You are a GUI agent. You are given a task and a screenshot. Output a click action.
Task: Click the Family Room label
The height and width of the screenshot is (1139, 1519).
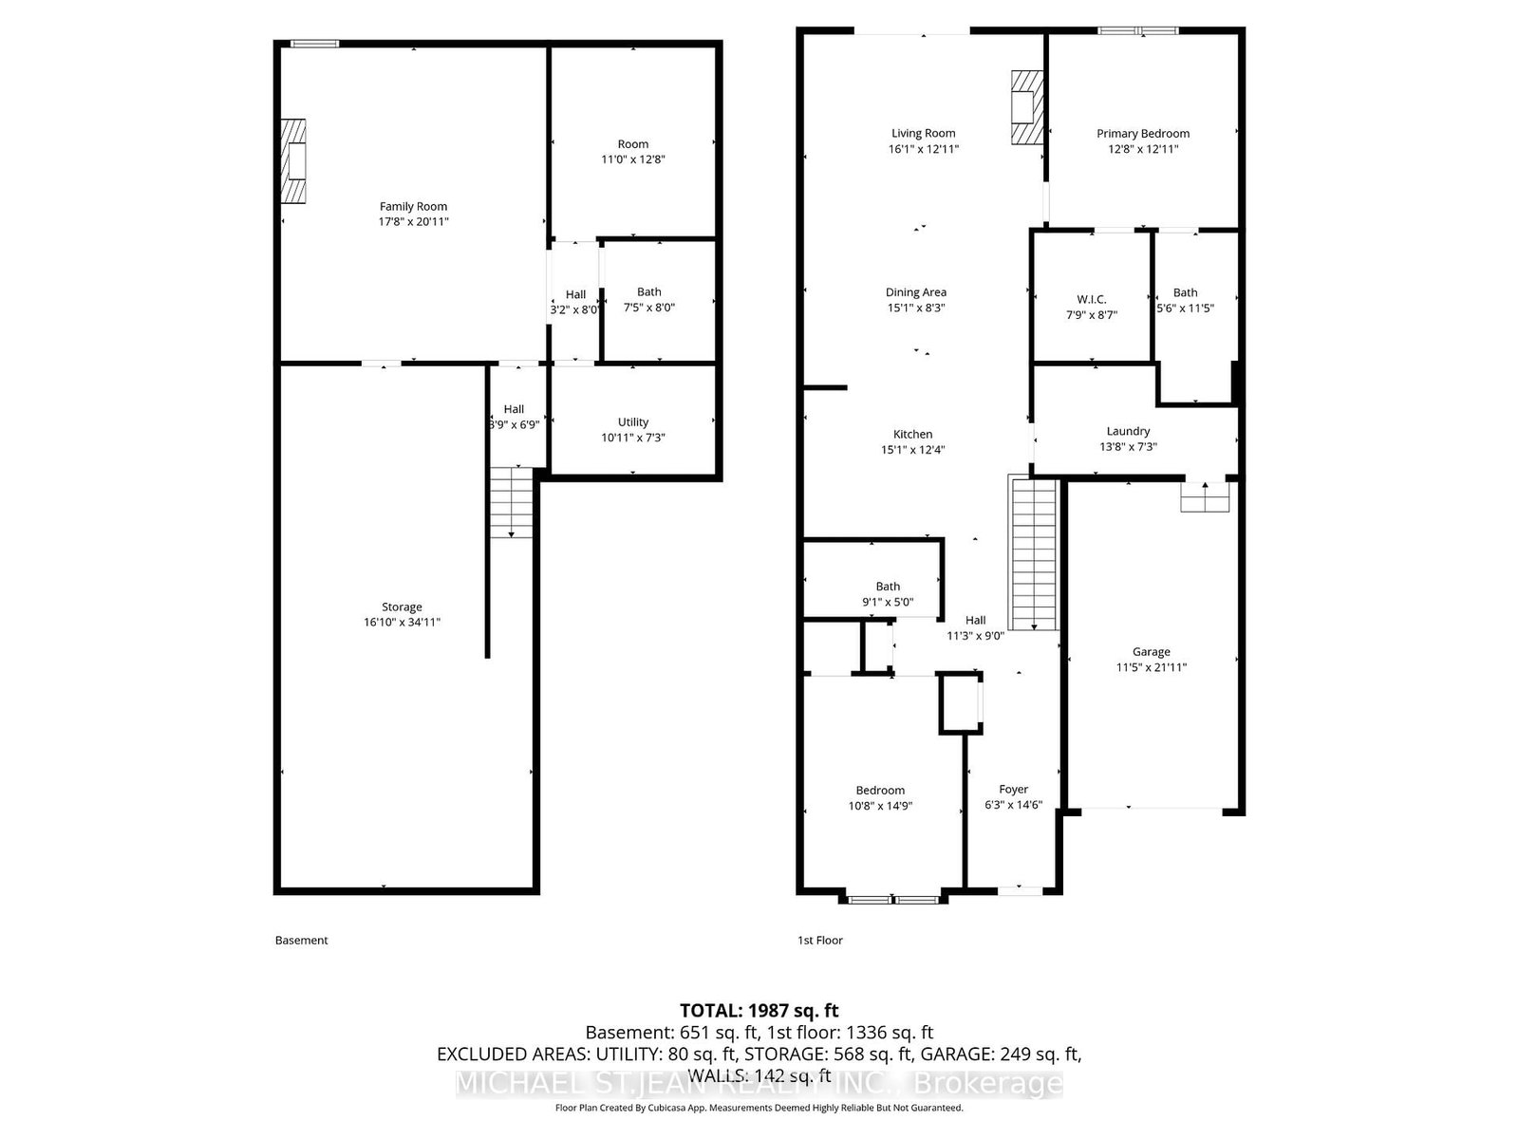413,206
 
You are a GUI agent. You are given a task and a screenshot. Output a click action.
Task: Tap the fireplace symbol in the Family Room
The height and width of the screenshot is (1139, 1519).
293,160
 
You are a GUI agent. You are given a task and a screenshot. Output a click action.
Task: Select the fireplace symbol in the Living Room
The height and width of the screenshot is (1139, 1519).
1025,107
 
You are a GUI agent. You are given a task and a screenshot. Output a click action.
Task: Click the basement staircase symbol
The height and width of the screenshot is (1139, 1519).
512,503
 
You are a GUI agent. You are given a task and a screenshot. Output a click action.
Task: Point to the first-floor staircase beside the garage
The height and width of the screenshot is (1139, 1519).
1033,555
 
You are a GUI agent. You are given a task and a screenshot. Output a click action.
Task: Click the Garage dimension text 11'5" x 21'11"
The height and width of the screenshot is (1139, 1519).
1151,667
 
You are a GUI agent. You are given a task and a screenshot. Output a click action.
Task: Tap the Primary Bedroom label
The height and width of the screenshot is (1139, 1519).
1143,134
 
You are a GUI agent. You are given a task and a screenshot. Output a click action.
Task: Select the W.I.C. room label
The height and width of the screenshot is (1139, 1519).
1091,299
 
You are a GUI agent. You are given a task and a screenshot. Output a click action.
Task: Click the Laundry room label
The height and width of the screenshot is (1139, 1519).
1128,431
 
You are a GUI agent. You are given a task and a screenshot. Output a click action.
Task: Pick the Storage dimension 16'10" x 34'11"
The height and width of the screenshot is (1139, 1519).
402,623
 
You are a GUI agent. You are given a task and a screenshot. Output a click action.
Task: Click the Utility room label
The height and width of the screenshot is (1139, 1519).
633,422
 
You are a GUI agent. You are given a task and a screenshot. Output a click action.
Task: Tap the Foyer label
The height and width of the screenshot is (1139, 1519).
1013,790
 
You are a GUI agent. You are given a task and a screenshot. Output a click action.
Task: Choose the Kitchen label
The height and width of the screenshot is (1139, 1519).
912,435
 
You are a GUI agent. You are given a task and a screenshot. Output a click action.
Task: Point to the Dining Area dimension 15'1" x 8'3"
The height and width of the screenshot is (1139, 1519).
915,308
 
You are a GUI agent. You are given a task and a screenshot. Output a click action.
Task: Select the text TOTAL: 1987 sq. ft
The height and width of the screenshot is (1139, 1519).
759,1011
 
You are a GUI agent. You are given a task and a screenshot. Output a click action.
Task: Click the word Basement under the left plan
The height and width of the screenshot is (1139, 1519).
301,941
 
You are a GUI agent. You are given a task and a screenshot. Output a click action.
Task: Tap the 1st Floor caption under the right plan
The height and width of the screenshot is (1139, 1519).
819,941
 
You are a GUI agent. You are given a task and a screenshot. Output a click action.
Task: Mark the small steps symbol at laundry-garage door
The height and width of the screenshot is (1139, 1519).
1205,497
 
